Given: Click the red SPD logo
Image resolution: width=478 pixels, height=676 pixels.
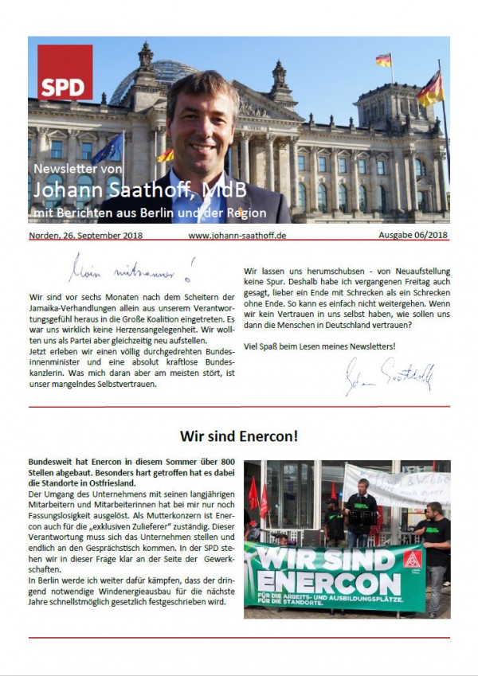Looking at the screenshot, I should coord(65,72).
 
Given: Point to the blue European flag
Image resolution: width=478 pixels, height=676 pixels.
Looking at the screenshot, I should coord(109,149).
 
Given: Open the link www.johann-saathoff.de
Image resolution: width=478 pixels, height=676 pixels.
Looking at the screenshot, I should coord(237,235).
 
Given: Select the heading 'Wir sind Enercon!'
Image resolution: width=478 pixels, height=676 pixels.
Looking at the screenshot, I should coord(239,436).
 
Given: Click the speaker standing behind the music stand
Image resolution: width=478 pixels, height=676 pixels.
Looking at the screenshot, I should coord(360,510).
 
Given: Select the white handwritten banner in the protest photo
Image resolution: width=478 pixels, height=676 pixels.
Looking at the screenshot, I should coord(396,485).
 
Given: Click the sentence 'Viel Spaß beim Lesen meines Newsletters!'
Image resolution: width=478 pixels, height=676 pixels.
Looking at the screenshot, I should coord(319,345).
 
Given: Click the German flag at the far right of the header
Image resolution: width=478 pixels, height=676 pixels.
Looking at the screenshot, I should coord(430,88).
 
